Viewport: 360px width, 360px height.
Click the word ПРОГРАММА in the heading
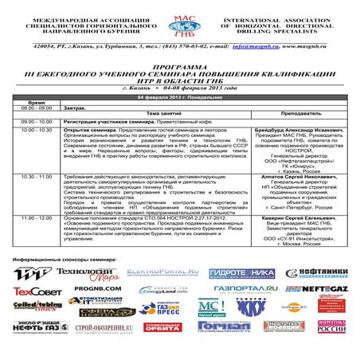tap(179, 60)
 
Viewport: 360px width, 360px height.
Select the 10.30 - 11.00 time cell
tap(37, 176)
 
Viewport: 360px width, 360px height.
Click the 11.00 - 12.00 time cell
tap(37, 217)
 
